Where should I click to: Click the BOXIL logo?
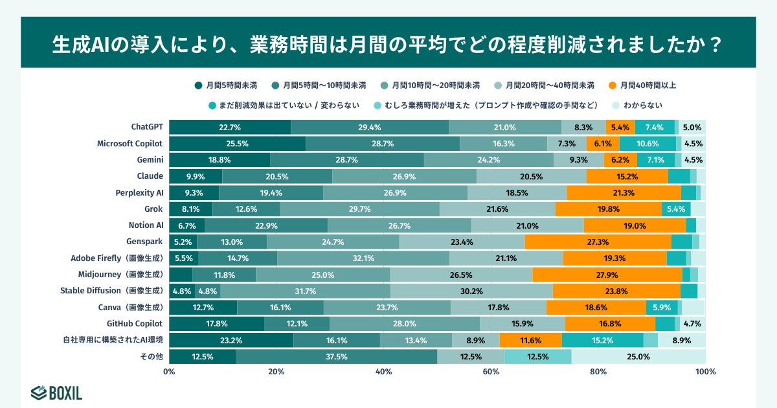[56, 392]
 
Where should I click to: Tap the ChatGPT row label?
[146, 127]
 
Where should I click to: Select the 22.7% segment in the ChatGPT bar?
[230, 127]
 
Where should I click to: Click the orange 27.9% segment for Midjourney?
[607, 275]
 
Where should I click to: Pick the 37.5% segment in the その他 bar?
[336, 356]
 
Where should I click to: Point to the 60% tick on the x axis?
[491, 372]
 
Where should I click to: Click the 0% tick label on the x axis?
[170, 372]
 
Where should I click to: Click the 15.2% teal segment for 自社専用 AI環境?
[602, 340]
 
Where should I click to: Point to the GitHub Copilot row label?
[135, 323]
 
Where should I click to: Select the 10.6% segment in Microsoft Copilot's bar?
[647, 144]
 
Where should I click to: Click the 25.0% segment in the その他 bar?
[638, 356]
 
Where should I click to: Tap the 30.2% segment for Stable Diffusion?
[471, 291]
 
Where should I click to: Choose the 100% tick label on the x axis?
[704, 372]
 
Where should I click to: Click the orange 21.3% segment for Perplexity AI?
[624, 192]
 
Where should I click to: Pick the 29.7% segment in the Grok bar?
[359, 209]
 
